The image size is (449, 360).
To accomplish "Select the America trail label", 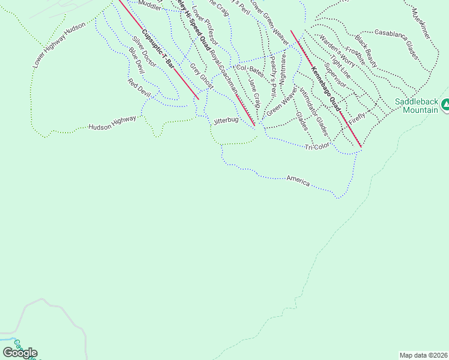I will click(298, 180).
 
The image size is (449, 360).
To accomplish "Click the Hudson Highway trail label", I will click(112, 124).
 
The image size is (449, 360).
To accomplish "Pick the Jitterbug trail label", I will click(226, 121).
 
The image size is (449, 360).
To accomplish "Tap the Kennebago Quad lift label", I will click(326, 89).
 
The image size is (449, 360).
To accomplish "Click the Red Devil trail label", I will click(138, 88).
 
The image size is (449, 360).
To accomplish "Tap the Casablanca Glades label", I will click(396, 41).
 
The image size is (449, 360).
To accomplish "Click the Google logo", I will click(20, 353).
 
